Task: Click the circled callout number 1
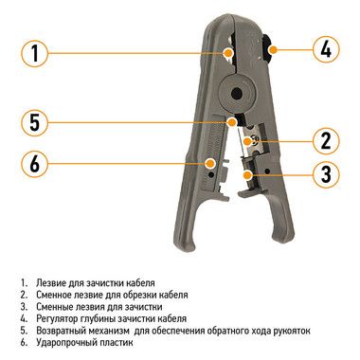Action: click(x=35, y=53)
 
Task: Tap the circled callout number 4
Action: click(x=326, y=49)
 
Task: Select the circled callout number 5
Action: click(x=35, y=122)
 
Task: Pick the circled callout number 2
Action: click(x=326, y=141)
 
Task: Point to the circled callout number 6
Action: click(x=35, y=164)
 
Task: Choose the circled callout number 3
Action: click(x=326, y=174)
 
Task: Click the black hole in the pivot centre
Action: click(x=236, y=94)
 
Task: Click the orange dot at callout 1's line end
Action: click(x=227, y=53)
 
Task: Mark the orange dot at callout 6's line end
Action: click(x=209, y=164)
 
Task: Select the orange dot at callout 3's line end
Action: click(x=248, y=174)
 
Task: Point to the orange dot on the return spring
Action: click(x=232, y=122)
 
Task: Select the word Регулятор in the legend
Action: click(x=57, y=319)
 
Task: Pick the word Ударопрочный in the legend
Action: click(x=64, y=343)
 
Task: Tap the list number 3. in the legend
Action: click(x=25, y=307)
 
